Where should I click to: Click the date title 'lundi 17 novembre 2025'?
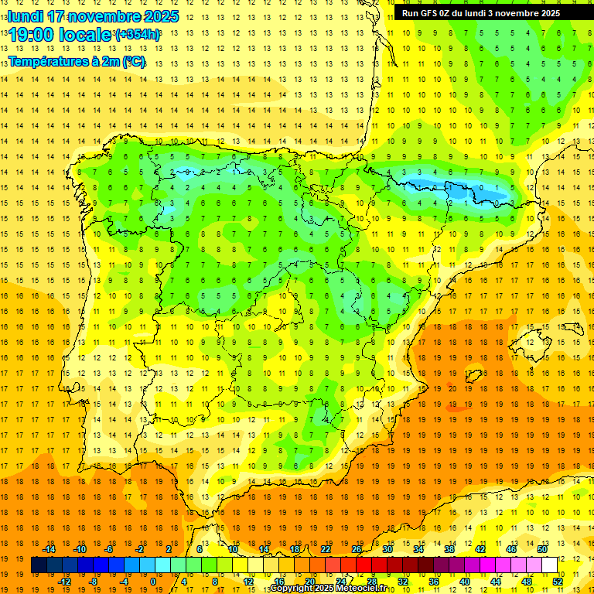pyautogui.click(x=94, y=16)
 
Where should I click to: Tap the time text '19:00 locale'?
pyautogui.click(x=61, y=34)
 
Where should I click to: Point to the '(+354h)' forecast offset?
pyautogui.click(x=138, y=35)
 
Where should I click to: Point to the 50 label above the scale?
pyautogui.click(x=541, y=549)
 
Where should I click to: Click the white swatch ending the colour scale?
pyautogui.click(x=549, y=565)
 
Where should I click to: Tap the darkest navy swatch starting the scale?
pyautogui.click(x=39, y=565)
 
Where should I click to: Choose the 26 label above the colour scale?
pyautogui.click(x=357, y=549)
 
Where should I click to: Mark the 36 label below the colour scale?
pyautogui.click(x=434, y=581)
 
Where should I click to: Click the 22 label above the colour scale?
pyautogui.click(x=326, y=549)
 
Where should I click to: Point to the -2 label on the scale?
pyautogui.click(x=140, y=549)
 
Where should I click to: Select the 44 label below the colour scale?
pyautogui.click(x=496, y=581)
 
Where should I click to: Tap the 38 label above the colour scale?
pyautogui.click(x=449, y=549)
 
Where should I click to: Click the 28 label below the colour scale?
pyautogui.click(x=372, y=581)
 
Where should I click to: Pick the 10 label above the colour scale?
pyautogui.click(x=233, y=549)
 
